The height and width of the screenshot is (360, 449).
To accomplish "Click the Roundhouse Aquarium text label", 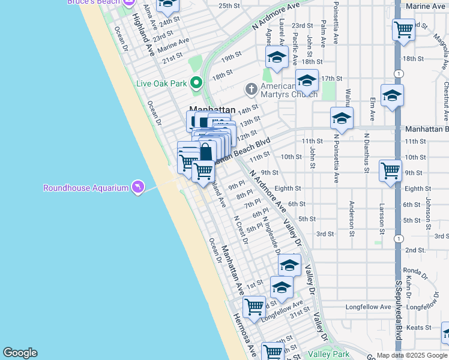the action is pyautogui.click(x=86, y=188).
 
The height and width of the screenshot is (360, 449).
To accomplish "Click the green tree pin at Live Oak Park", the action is pyautogui.click(x=196, y=83).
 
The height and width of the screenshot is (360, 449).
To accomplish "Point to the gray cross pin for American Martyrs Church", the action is pyautogui.click(x=251, y=89).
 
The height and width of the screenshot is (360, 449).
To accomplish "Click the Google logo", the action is pyautogui.click(x=20, y=353).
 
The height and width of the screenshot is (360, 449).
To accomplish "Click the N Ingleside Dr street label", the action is pyautogui.click(x=270, y=233).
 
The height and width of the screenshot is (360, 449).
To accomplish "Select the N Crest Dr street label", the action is pyautogui.click(x=241, y=230).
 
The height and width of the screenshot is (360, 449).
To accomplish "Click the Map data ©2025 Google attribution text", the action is pyautogui.click(x=411, y=355).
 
